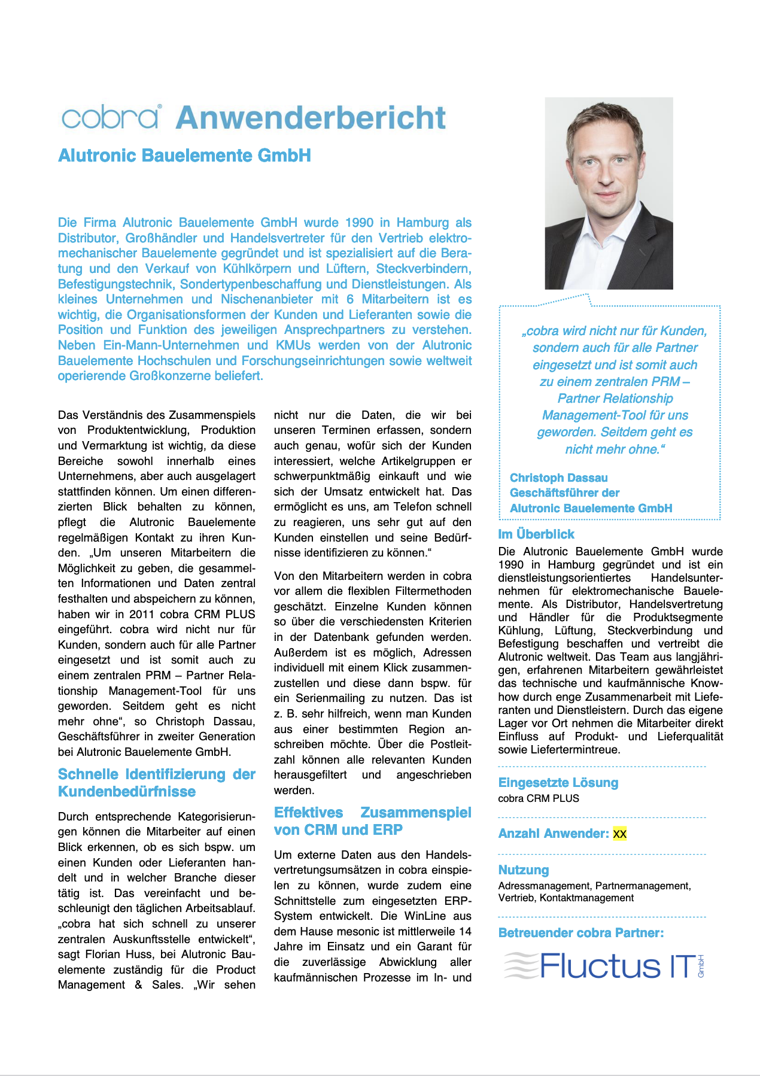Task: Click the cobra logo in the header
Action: pyautogui.click(x=110, y=117)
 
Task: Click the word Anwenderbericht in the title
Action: pyautogui.click(x=311, y=117)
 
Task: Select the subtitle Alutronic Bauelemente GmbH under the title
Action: pyautogui.click(x=184, y=156)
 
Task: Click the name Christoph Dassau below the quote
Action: pyautogui.click(x=558, y=478)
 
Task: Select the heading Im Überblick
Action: pyautogui.click(x=536, y=534)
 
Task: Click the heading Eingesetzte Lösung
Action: pyautogui.click(x=558, y=782)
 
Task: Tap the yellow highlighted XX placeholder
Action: pyautogui.click(x=619, y=834)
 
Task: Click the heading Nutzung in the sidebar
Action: pyautogui.click(x=524, y=870)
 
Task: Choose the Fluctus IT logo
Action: pyautogui.click(x=604, y=966)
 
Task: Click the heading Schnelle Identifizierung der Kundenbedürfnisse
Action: pyautogui.click(x=156, y=783)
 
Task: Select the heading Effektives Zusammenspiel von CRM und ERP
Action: pyautogui.click(x=372, y=821)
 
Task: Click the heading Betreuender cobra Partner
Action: pyautogui.click(x=580, y=932)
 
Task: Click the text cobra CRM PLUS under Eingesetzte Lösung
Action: pyautogui.click(x=539, y=798)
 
